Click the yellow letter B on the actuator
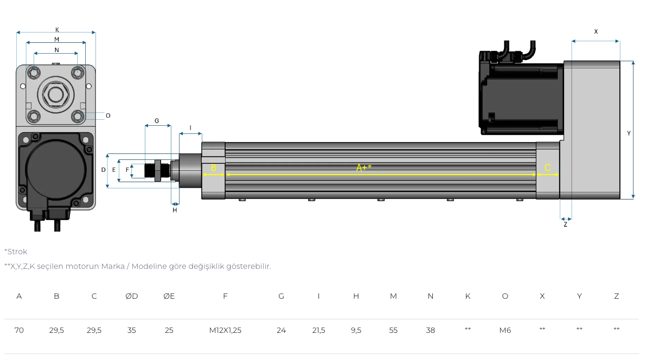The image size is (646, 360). [x=213, y=168]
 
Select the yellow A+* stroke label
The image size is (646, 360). [x=364, y=168]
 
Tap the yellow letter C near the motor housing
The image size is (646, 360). [x=547, y=168]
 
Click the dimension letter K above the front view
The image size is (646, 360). [x=57, y=30]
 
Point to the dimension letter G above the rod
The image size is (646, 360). [x=157, y=121]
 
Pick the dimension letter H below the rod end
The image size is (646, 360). [x=175, y=210]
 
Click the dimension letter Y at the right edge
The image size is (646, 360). [x=629, y=133]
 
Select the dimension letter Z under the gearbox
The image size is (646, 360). [x=565, y=224]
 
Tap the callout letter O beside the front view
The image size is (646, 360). [x=108, y=115]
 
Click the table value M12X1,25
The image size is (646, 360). [x=225, y=330]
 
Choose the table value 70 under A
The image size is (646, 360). [x=19, y=330]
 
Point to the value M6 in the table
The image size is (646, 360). [x=505, y=330]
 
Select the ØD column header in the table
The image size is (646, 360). [x=131, y=296]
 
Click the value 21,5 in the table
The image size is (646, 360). [x=318, y=330]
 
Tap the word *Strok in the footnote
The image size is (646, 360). [x=16, y=252]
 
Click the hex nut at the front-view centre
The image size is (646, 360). [x=56, y=94]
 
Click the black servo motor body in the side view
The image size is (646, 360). [x=521, y=98]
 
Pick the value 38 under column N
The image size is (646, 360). [x=431, y=330]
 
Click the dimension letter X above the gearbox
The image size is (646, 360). [x=596, y=31]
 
